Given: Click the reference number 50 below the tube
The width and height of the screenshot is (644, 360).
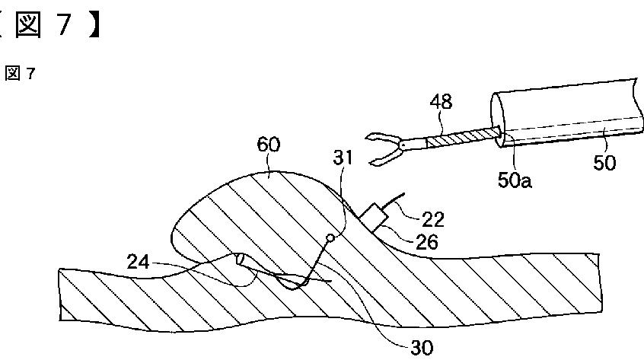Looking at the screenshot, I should [x=604, y=162].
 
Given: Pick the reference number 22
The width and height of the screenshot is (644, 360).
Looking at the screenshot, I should [x=432, y=220].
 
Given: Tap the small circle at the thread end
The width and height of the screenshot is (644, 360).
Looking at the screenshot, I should [x=329, y=239].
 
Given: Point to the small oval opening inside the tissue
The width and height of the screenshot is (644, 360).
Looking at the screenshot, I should [x=241, y=260].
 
